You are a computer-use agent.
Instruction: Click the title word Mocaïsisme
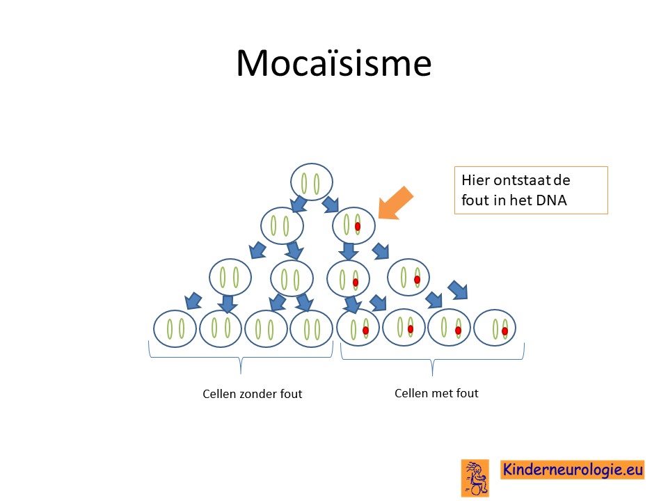click(333, 63)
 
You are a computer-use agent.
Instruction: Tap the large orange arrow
click(396, 203)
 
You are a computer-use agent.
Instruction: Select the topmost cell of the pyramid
click(312, 182)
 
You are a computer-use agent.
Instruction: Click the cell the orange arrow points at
click(353, 225)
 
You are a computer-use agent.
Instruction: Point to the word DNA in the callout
click(551, 200)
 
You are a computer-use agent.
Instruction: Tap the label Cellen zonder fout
click(252, 394)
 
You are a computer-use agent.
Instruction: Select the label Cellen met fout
click(436, 392)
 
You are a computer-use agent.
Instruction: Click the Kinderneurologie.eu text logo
click(572, 470)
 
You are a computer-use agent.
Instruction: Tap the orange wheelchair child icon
click(475, 478)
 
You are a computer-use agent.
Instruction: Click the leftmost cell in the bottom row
click(175, 329)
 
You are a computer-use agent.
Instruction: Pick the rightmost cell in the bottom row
click(495, 328)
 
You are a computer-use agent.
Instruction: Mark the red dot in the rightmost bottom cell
click(505, 331)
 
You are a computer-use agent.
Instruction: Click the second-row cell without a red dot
click(282, 225)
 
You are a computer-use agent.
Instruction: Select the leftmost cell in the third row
click(230, 278)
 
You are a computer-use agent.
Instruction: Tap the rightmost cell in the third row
click(408, 278)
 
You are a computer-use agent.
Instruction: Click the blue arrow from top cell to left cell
click(299, 204)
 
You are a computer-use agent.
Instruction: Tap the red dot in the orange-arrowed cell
click(358, 226)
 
